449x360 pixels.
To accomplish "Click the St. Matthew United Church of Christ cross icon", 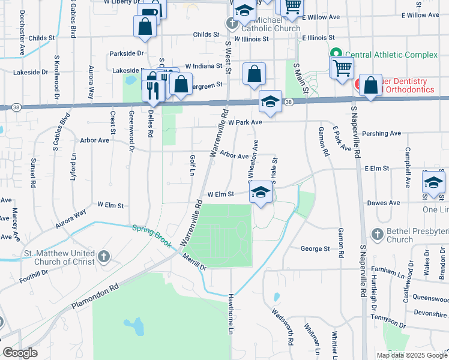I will point(103,257).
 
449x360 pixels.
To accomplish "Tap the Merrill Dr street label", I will point(195,261).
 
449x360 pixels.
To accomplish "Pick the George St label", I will point(315,248).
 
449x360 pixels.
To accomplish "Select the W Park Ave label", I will point(245,122).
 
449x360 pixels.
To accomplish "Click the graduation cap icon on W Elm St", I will point(261,192).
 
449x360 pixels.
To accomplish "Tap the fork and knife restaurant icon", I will point(153,90).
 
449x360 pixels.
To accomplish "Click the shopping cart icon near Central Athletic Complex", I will point(342,67).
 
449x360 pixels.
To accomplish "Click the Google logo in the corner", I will point(20,353).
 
